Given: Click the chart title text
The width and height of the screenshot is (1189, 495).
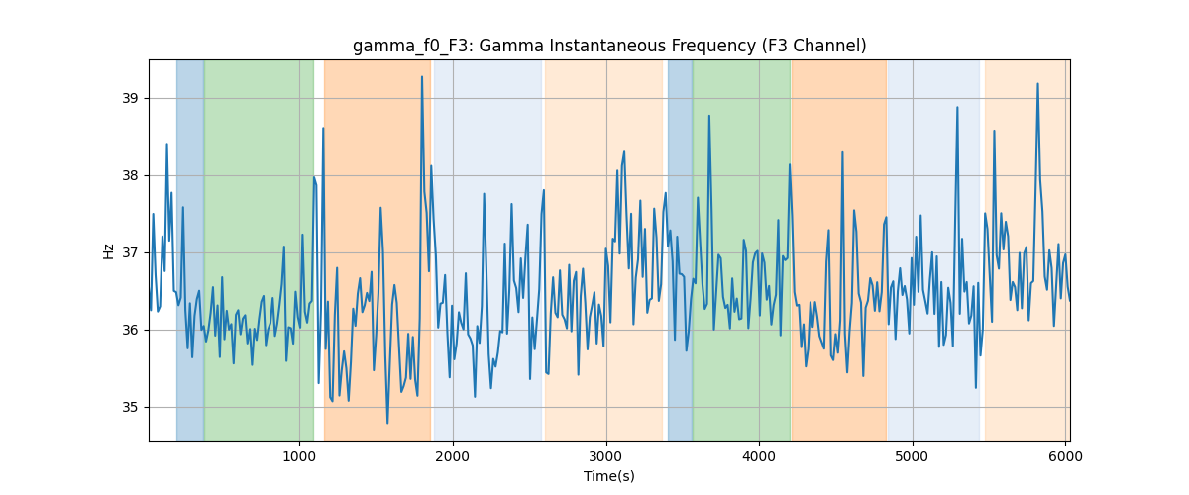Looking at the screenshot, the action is pos(609,46).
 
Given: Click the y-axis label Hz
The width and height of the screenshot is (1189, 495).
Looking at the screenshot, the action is pos(108,250).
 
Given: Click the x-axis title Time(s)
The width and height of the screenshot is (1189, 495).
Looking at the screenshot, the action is pos(609,476).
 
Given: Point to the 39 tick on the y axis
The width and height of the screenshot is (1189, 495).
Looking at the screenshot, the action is pos(130,98).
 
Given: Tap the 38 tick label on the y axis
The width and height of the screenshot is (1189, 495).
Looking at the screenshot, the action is pos(130,175).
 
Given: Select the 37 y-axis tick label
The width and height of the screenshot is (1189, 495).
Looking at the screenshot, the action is pos(130,253).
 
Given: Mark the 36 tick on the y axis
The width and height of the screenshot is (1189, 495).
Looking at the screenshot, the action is pos(130,330).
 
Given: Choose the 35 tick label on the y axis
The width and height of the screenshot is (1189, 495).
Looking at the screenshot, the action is pos(130,408).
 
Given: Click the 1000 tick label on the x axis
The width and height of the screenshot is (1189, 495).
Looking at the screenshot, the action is pos(299,456).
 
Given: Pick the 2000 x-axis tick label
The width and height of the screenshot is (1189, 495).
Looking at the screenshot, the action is pos(453,456).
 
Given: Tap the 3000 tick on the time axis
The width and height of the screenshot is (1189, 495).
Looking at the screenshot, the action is pos(606,456).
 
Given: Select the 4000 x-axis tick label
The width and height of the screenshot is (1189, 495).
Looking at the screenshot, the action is pos(759,456).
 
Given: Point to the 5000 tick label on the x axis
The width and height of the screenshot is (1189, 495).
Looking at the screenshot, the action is pos(913,456).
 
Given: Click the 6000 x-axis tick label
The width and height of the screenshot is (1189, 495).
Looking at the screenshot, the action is pos(1066,456).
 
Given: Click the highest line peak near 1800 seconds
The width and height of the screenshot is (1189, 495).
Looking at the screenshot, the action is pos(422,77).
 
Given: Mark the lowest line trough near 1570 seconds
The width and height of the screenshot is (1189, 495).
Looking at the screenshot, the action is pos(387,423).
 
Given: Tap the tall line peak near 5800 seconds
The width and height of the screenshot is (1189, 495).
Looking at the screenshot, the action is pos(1037,84).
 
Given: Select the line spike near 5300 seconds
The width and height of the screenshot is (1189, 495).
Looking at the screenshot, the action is pos(957,107).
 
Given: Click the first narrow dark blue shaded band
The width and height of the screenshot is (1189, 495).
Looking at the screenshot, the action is pos(190,249).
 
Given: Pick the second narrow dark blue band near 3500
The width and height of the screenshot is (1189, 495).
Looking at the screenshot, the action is pos(680,249).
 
